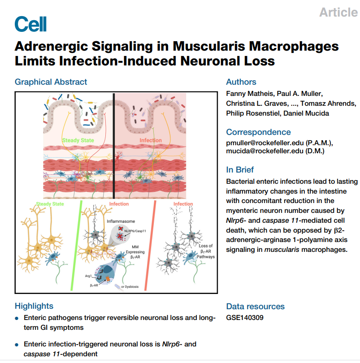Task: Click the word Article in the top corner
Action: (x=338, y=13)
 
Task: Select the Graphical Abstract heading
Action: (x=51, y=82)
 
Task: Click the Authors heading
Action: (x=241, y=82)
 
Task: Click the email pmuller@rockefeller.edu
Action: (x=265, y=142)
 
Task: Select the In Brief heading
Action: (x=240, y=170)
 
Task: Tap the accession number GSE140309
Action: (x=245, y=318)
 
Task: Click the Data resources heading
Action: (x=255, y=307)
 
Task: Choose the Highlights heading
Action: (x=34, y=306)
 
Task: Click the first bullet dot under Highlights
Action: (x=17, y=318)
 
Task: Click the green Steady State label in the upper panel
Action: (x=78, y=140)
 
